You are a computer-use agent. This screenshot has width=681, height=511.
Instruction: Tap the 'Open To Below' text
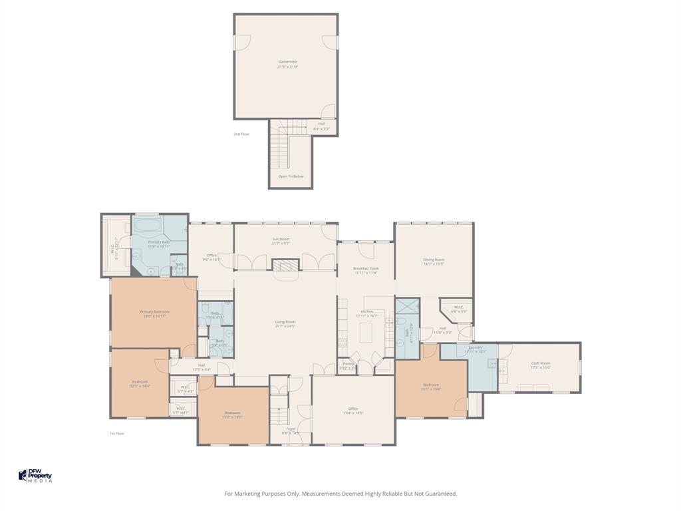(x=291, y=176)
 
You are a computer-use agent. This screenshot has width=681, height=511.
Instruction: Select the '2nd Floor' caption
(x=241, y=134)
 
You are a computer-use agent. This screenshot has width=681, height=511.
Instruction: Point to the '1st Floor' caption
(x=117, y=433)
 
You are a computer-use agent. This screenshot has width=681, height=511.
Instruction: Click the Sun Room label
(x=281, y=241)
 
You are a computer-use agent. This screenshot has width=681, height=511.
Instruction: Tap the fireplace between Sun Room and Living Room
(x=285, y=264)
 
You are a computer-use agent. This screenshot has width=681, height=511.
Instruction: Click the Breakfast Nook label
(x=366, y=269)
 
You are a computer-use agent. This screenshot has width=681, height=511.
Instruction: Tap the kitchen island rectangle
(x=365, y=331)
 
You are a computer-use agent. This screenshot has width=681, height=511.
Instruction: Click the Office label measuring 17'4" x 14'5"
(x=353, y=411)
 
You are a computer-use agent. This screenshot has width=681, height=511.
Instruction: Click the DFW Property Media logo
(x=35, y=475)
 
